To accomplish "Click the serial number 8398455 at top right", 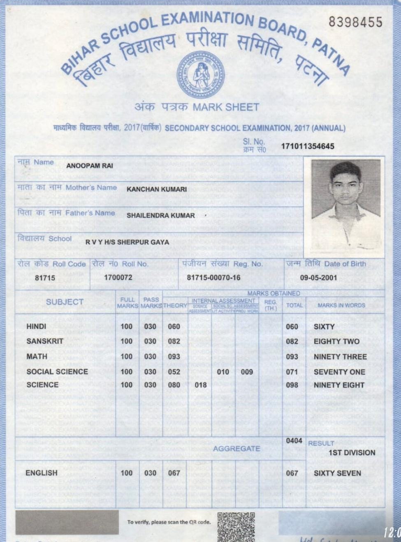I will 355,22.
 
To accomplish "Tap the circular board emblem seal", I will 201,74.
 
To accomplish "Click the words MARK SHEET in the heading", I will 226,107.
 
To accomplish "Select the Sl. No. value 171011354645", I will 307,146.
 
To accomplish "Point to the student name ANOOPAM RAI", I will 90,166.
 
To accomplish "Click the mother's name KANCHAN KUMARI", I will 156,189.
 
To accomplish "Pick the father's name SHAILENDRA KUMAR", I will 160,215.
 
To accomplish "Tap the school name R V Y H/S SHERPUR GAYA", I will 127,242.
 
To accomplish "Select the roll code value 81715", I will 45,278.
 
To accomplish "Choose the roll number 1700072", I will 118,278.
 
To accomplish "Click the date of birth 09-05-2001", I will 319,278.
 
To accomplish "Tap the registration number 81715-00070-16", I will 213,278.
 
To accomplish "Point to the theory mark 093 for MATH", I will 174,357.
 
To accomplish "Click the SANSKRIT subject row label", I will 45,341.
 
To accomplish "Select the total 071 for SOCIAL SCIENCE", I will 292,372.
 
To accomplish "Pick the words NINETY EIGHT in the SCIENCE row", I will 339,385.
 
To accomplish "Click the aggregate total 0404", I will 294,441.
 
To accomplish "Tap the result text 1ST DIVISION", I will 352,453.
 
